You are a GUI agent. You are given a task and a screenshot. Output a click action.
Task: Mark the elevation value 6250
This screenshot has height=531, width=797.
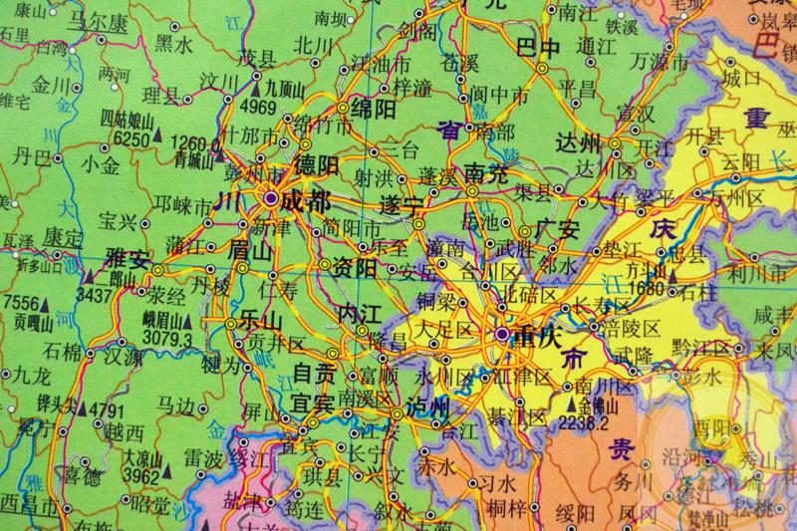132,139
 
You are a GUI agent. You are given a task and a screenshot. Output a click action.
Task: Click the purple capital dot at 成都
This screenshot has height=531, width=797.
270,200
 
